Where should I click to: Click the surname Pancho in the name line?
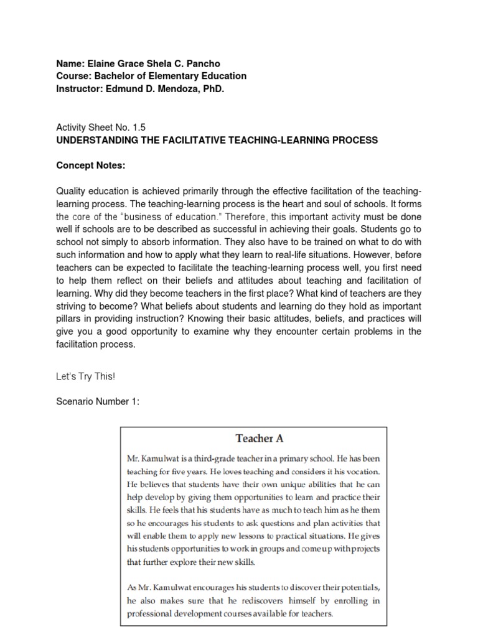click(x=202, y=63)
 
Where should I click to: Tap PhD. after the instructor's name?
click(x=209, y=88)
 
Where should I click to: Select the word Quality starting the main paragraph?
click(x=73, y=191)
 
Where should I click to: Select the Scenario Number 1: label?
click(x=98, y=402)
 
